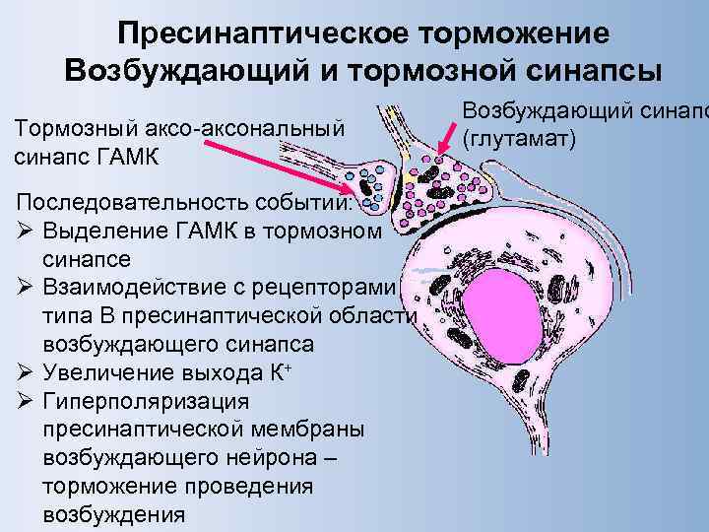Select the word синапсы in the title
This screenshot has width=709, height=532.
(581, 72)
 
